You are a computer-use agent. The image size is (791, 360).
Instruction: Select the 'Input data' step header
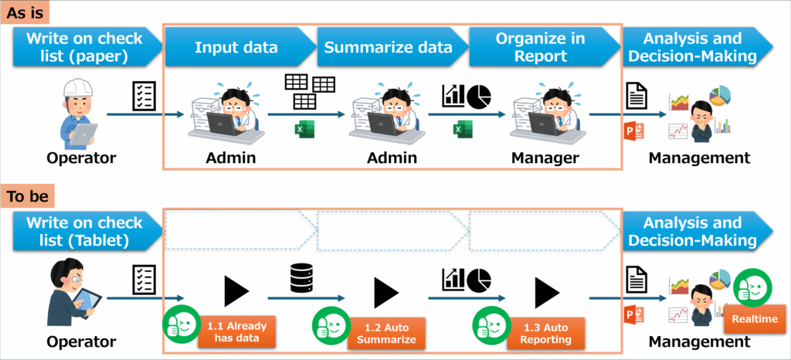point(236,47)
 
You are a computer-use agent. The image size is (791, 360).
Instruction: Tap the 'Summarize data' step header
point(389,47)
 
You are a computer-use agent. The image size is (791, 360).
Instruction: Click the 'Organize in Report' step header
point(540,47)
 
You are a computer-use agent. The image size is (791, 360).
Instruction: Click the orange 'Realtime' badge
point(754,318)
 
